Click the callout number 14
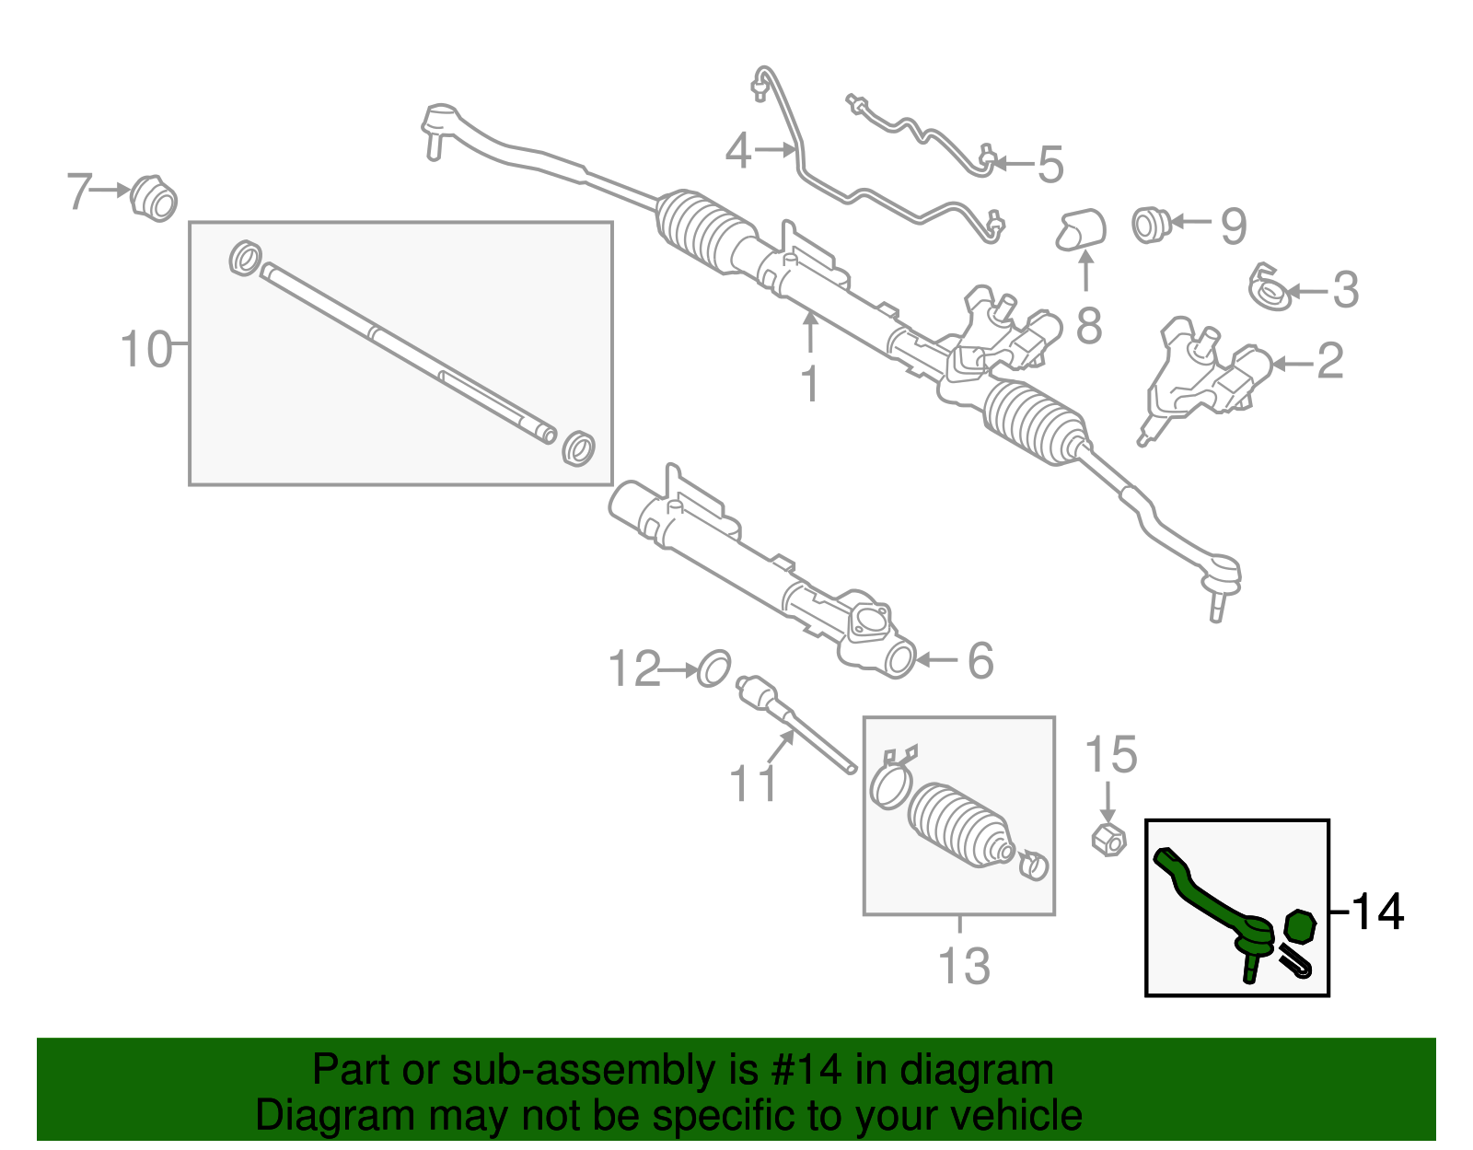pos(1377,912)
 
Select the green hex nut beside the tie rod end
pos(1298,925)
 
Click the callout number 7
pos(80,192)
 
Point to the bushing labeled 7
pos(153,198)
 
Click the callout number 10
pos(146,350)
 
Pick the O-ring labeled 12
pos(714,668)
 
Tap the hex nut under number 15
pos(1108,840)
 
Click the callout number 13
pos(963,966)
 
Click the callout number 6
pos(981,661)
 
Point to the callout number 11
pos(752,784)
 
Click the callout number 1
pos(809,384)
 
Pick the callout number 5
pos(1050,165)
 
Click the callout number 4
pos(738,151)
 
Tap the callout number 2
pos(1329,361)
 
